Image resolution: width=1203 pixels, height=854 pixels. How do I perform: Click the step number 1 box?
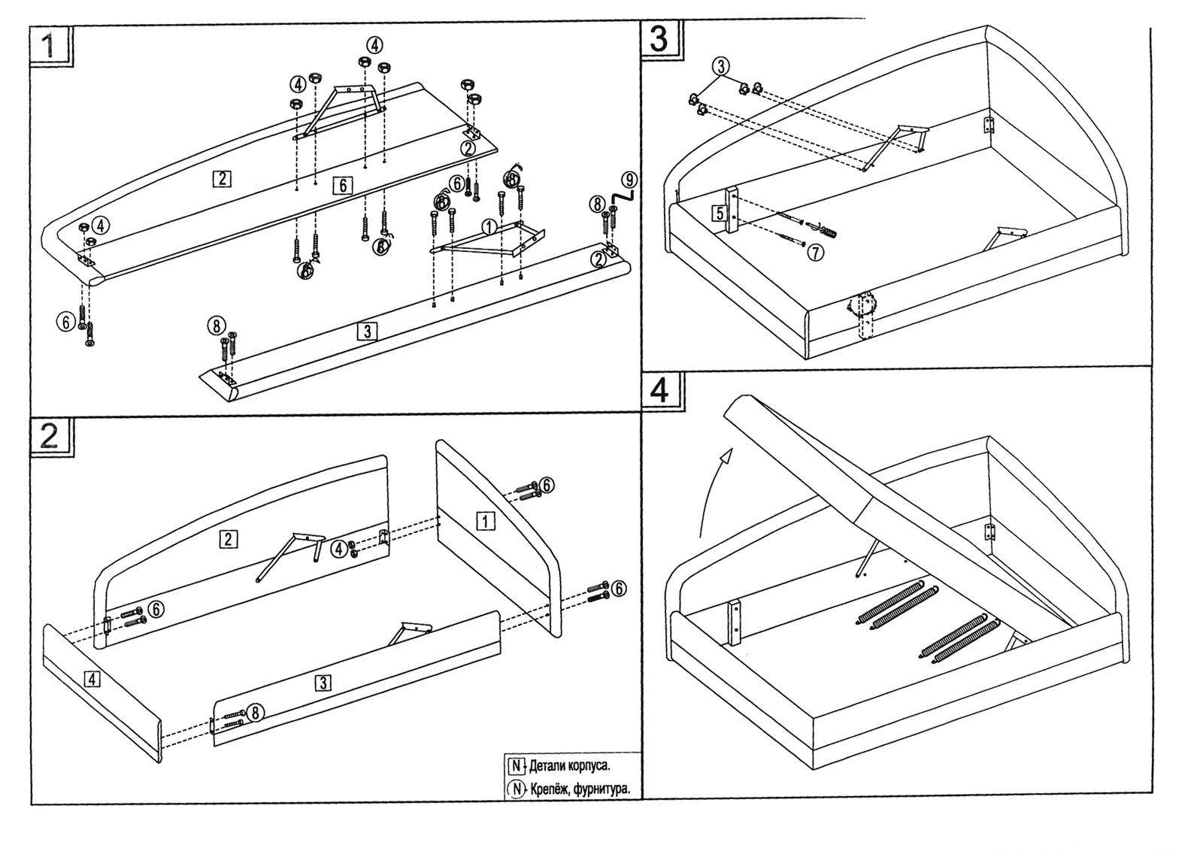(x=50, y=47)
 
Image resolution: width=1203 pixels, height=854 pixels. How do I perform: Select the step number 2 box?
(x=51, y=436)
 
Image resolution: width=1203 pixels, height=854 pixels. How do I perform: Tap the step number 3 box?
(x=659, y=38)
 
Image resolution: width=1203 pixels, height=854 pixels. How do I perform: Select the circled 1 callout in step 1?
(x=489, y=225)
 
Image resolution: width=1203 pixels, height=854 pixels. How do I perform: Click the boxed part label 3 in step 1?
(x=366, y=331)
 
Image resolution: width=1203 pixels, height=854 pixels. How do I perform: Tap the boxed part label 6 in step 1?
(x=342, y=185)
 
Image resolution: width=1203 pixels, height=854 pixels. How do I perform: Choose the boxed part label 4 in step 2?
(x=91, y=679)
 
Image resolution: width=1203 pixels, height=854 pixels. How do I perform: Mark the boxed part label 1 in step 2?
(x=486, y=520)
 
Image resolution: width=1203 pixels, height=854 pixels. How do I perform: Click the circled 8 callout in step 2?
(x=256, y=712)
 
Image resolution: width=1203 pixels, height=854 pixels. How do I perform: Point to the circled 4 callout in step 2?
(x=340, y=550)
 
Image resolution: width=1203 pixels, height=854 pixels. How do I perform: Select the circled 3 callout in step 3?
(x=720, y=66)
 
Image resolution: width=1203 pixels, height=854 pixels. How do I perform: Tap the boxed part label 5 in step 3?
(x=720, y=213)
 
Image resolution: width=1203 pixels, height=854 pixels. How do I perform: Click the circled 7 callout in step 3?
(x=815, y=253)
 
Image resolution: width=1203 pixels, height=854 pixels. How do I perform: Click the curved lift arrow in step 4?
(x=712, y=489)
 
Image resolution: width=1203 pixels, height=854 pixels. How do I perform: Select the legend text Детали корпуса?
(x=569, y=767)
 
